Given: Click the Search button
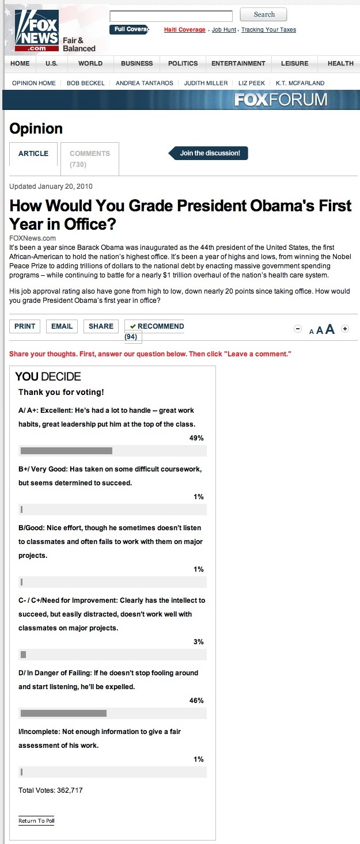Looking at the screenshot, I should coord(263,14).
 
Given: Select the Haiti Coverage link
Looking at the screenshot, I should coord(184,30).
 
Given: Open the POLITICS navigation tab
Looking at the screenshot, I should coord(182,63).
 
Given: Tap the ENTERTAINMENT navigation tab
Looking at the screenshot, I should coord(238,63).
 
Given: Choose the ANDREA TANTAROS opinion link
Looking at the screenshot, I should coord(144,83).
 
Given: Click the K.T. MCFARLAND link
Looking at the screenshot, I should coord(300,83).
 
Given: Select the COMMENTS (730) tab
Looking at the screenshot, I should coord(90,158).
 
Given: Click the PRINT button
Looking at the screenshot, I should coord(25,326).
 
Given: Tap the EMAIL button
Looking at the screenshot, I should coord(62,326).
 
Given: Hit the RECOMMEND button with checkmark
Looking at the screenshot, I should coord(157,326).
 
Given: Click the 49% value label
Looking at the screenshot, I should coord(196,438).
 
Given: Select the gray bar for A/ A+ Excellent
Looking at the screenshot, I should coord(66,451).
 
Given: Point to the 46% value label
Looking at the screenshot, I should coord(196,701).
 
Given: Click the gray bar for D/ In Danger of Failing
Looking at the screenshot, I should coord(63,713).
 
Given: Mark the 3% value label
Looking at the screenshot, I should coord(198,642).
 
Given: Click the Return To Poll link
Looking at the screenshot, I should coord(36,821).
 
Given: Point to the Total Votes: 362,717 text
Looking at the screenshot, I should coord(51,790).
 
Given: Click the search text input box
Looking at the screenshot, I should coord(171,16).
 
